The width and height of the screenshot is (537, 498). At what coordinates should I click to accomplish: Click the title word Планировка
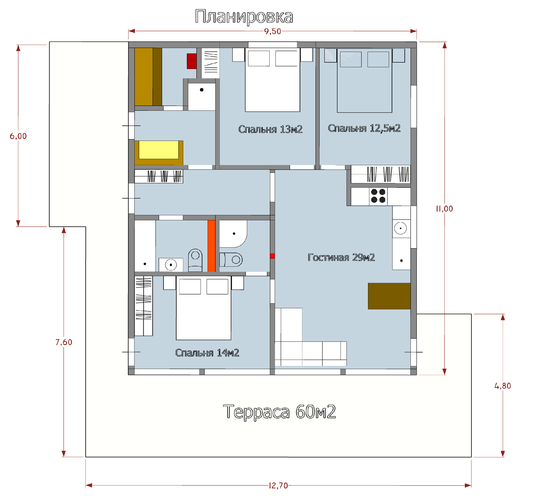click(x=244, y=17)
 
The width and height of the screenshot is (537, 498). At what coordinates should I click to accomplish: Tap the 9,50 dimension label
click(x=272, y=31)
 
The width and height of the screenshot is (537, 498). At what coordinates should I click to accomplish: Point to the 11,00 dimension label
click(x=444, y=209)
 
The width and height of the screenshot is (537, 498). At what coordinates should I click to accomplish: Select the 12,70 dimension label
click(x=278, y=486)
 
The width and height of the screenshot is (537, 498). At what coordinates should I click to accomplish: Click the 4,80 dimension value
click(x=503, y=386)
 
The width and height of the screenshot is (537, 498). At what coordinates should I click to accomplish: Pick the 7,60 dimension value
click(x=64, y=342)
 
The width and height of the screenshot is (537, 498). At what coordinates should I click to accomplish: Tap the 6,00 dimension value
click(x=18, y=136)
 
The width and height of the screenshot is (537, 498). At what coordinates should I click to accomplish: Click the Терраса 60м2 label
click(x=279, y=412)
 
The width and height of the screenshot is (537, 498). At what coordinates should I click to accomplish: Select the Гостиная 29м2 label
click(x=341, y=258)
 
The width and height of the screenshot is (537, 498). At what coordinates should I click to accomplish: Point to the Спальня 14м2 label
click(x=207, y=353)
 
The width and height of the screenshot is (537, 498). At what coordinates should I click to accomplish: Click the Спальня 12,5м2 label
click(x=364, y=128)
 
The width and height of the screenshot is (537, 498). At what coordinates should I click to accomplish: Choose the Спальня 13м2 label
click(x=270, y=129)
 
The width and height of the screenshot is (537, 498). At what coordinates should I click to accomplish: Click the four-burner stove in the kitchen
click(x=378, y=196)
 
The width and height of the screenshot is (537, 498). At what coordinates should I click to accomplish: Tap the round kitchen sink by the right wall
click(x=401, y=228)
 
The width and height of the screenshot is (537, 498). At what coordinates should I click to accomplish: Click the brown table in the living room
click(x=389, y=296)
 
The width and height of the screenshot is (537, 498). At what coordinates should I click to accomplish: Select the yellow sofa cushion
click(x=159, y=150)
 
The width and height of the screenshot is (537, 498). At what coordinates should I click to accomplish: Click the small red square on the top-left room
click(x=192, y=61)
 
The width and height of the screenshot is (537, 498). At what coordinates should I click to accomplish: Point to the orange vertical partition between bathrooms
click(x=211, y=246)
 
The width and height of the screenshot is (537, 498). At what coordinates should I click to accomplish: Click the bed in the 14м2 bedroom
click(x=204, y=308)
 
